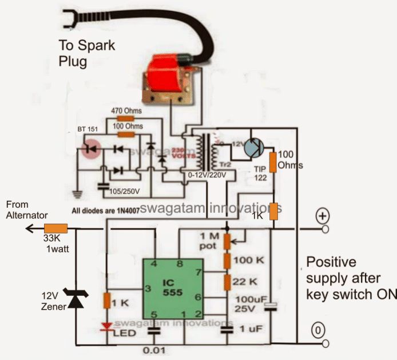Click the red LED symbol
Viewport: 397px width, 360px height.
tap(106, 326)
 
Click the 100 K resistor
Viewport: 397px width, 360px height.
tap(227, 262)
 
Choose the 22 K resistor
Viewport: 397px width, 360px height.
tap(227, 282)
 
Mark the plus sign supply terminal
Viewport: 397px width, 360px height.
tap(323, 217)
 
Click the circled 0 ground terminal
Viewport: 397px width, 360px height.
tap(318, 330)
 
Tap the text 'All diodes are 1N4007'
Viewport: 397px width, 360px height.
tap(106, 211)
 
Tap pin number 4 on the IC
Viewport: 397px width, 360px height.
tap(153, 264)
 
